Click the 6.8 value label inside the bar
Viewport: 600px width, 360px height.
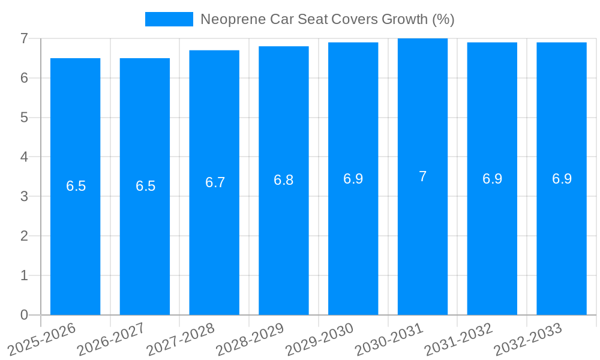coord(283,180)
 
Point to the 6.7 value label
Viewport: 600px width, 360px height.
coord(215,182)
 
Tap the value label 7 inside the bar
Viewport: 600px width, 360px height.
coord(422,176)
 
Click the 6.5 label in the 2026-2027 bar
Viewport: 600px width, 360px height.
coord(145,186)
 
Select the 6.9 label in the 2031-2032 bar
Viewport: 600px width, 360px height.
coord(492,179)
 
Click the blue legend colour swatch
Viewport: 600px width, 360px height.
coord(169,19)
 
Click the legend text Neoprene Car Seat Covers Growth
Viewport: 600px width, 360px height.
coord(327,19)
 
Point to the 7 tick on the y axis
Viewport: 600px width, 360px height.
coord(24,38)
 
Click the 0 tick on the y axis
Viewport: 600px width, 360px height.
coord(24,315)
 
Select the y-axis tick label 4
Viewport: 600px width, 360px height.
coord(24,157)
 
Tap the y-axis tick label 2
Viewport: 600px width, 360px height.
coord(24,236)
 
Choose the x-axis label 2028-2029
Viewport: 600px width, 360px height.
coord(250,339)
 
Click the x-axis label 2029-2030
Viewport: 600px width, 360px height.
coord(319,339)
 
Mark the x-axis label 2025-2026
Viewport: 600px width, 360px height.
coord(41,339)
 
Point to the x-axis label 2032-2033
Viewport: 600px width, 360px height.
coord(527,339)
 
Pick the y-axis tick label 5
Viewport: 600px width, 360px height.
coord(24,118)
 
